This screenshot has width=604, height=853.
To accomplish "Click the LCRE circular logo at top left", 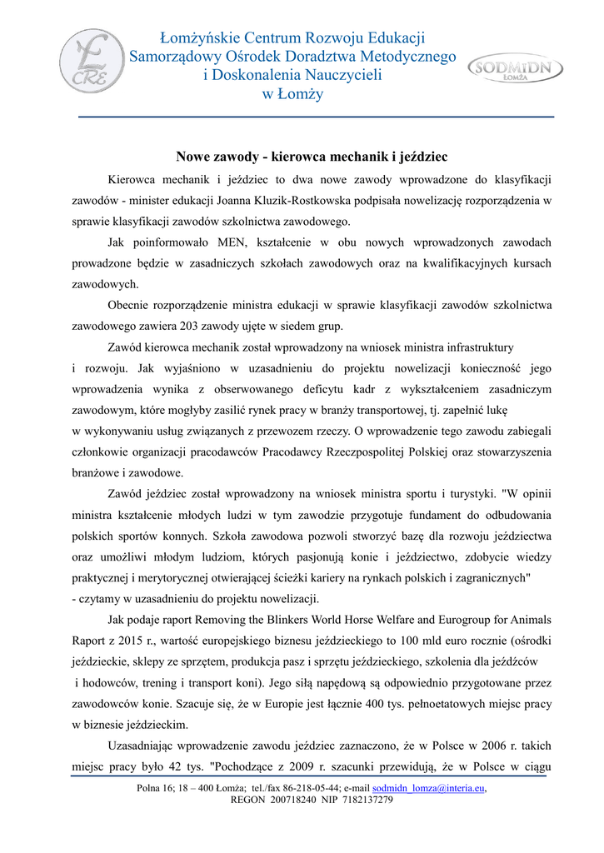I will point(92,62).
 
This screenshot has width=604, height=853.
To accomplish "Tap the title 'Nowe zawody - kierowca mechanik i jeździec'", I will point(312,157).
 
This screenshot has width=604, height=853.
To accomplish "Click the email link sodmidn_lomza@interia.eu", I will point(429,787).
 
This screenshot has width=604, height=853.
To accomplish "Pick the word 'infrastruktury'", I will point(476,347).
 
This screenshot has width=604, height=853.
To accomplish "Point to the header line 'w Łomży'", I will point(292,94).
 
